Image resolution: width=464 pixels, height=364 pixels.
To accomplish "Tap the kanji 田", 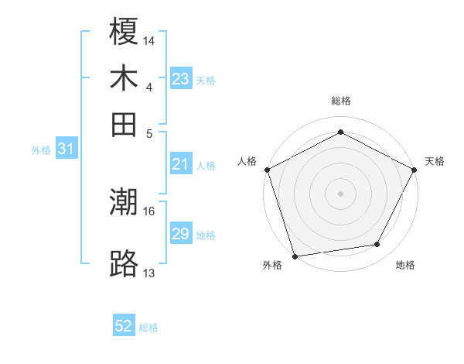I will click(x=124, y=124).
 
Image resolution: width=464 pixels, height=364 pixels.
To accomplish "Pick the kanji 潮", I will click(x=124, y=203).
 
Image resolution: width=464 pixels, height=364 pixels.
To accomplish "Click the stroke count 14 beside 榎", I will click(x=150, y=39).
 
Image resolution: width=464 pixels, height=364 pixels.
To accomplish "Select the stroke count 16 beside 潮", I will click(x=150, y=211).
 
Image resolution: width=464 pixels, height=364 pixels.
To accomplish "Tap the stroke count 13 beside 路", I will click(x=150, y=272).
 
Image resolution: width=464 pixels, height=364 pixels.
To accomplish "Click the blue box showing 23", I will click(x=181, y=79).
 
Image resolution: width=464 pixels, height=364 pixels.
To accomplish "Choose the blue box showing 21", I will click(x=181, y=164).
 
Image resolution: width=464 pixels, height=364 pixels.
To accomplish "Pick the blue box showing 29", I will click(x=181, y=234).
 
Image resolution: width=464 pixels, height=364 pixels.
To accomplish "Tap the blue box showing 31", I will click(x=66, y=149).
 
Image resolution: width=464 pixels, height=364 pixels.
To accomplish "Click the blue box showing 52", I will click(x=124, y=326).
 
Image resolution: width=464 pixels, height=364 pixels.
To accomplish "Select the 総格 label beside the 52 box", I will click(x=148, y=328).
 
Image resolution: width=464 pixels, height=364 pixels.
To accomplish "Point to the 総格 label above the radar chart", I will click(x=341, y=101).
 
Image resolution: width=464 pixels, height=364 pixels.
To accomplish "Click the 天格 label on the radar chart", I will click(x=435, y=161).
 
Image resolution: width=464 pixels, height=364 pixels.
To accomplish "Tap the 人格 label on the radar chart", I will click(x=247, y=161).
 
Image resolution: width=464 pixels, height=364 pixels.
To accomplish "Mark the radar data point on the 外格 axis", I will click(x=295, y=256).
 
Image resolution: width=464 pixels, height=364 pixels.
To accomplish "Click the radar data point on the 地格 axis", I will click(x=377, y=245).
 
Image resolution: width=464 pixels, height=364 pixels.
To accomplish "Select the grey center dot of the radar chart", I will click(x=340, y=193).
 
